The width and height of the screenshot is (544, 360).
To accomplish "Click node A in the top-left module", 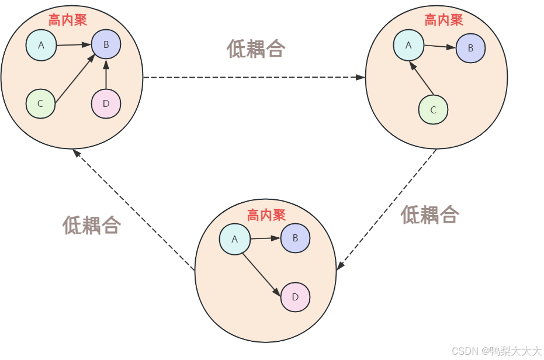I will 41,45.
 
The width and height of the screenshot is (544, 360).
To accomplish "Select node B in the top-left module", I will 106,44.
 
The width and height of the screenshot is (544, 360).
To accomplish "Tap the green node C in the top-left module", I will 40,103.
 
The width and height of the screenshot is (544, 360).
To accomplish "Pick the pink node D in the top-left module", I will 106,103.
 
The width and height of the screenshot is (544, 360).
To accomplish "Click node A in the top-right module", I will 408,45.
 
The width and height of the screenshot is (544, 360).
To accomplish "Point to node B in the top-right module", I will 470,48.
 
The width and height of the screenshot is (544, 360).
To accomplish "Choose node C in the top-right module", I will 433,109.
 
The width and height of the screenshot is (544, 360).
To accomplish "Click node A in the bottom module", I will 234,239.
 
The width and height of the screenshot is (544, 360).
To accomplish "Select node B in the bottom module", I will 295,238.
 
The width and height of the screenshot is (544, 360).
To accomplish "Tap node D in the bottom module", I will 295,297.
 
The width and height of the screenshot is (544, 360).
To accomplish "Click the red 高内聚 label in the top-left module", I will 68,20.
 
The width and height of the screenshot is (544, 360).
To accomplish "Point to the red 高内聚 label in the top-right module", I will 443,20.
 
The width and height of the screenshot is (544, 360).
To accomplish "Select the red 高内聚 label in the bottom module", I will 266,215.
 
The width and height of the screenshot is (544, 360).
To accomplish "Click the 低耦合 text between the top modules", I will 255,49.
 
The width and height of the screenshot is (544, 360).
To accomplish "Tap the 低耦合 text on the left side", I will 92,225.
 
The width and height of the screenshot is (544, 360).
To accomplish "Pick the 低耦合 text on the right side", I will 429,214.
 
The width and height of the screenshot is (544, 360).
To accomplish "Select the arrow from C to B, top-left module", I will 75,79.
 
